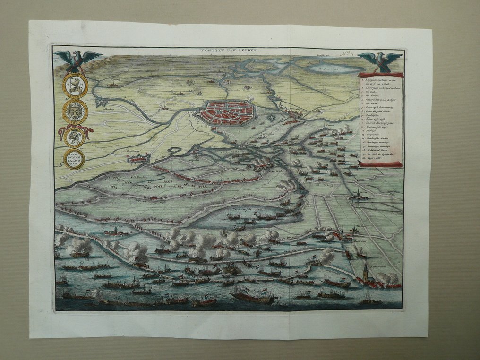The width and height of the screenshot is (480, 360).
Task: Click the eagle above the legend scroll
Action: click(x=380, y=61)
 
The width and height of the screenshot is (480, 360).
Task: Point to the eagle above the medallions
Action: click(x=78, y=60)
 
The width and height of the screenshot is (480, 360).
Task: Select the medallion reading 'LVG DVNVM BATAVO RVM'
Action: click(x=74, y=159)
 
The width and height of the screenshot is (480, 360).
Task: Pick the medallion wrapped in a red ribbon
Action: click(x=75, y=137)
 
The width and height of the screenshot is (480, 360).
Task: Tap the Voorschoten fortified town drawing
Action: click(x=137, y=158)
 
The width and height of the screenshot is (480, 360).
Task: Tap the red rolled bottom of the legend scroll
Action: click(x=380, y=164)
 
